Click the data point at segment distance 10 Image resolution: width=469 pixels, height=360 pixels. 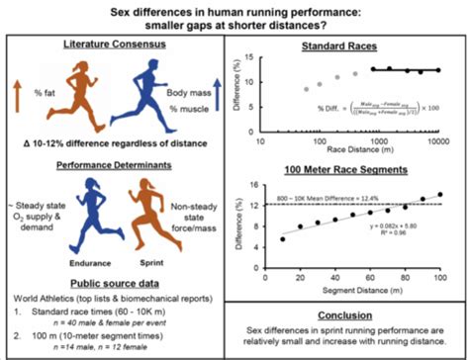pos(283,238)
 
